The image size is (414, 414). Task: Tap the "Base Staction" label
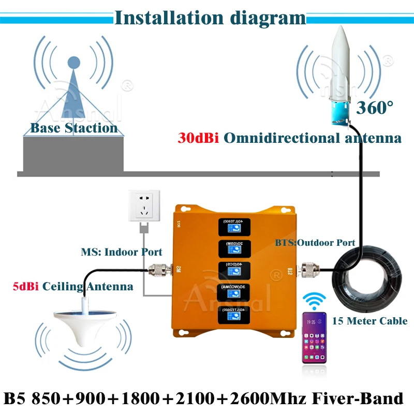pos(74,128)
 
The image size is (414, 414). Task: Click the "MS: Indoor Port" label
pos(122,253)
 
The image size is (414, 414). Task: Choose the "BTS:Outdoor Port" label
pos(315,242)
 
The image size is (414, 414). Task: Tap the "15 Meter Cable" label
pos(369,321)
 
